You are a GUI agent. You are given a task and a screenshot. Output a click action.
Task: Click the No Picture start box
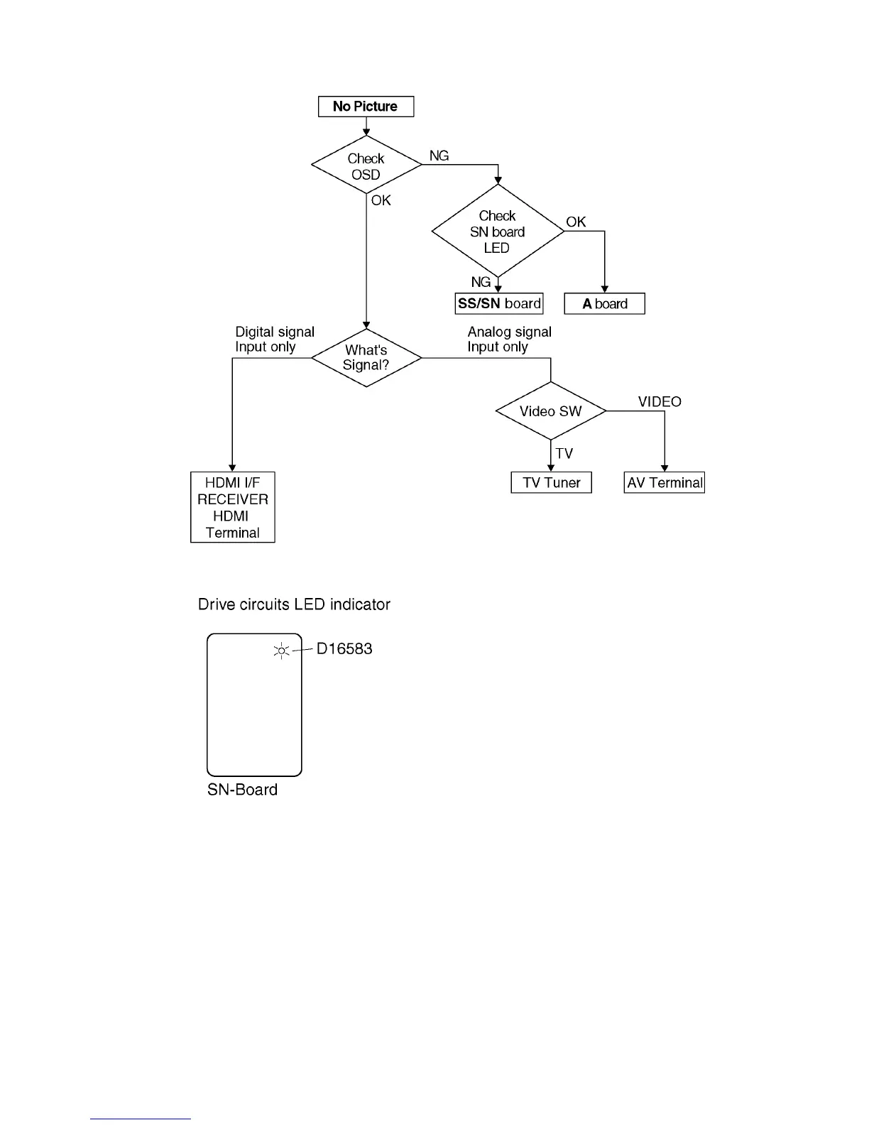coord(366,107)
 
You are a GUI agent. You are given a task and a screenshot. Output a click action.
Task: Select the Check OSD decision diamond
coord(366,165)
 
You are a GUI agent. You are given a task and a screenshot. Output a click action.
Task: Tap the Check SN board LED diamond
coord(497,232)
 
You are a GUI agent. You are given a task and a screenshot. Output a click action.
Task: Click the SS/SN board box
coord(499,304)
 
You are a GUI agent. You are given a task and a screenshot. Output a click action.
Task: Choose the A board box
coord(605,304)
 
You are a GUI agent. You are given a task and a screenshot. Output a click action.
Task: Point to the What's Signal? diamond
coord(366,358)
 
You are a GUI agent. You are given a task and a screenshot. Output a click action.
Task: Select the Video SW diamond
coord(550,411)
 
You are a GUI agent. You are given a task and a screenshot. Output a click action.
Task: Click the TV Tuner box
coord(551,483)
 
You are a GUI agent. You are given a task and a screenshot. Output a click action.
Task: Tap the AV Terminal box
coord(665,483)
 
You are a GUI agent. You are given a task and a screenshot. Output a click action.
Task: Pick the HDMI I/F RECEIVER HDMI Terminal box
coord(233,507)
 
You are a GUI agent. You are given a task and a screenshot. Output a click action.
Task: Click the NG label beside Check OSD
coord(439,156)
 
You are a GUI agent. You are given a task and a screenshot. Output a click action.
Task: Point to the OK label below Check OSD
coord(381,201)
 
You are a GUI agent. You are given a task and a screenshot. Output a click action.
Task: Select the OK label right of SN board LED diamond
coord(576,222)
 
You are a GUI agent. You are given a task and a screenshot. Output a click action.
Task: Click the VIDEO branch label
coord(660,402)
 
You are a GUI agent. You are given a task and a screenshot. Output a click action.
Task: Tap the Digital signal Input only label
coord(275,339)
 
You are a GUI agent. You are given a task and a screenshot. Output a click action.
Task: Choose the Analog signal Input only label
coord(509,339)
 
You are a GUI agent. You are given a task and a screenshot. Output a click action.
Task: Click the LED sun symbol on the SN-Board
coord(282,650)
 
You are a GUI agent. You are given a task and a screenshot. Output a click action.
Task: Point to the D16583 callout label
coord(344,649)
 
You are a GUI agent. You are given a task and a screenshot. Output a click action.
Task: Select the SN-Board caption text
coord(242,790)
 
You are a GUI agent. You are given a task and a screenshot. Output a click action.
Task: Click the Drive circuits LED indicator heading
coord(294,604)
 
